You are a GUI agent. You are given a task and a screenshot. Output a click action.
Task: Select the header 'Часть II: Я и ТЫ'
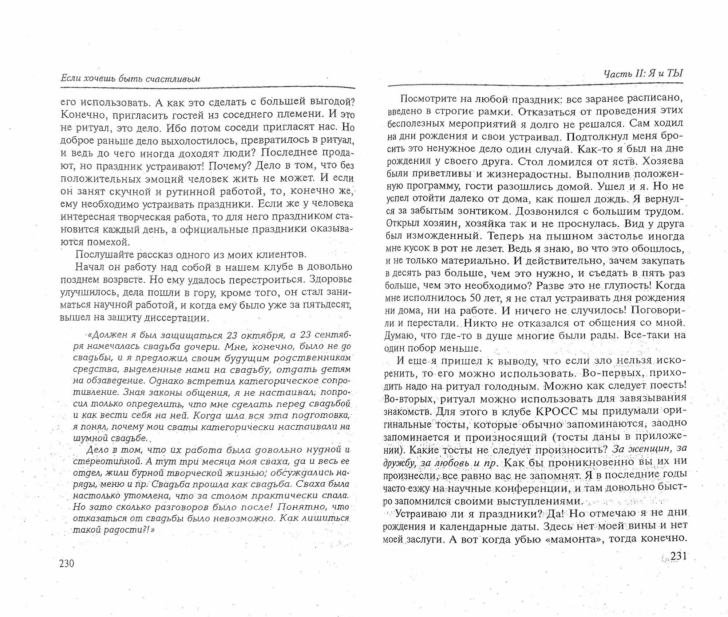coord(643,74)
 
